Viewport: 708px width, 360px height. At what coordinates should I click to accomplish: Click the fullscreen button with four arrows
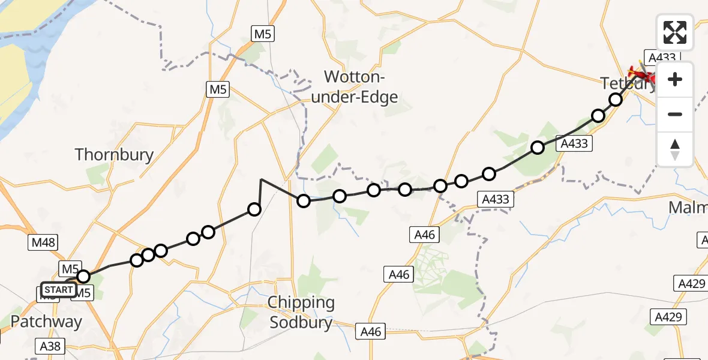click(675, 32)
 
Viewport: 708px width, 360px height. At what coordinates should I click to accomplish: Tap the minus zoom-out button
click(675, 114)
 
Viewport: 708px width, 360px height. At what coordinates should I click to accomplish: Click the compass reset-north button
click(675, 149)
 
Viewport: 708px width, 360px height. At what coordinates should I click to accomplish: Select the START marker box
click(59, 290)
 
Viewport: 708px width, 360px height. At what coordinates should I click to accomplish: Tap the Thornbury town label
click(114, 155)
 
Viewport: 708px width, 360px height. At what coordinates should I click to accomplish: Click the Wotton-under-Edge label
click(361, 86)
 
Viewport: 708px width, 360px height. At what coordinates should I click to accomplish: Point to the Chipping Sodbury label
click(301, 313)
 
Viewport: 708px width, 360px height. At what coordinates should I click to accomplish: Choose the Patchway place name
click(46, 322)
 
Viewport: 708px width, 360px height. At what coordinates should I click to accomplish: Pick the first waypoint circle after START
click(83, 277)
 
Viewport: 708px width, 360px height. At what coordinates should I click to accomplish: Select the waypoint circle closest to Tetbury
click(615, 100)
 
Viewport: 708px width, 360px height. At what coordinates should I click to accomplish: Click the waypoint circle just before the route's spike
click(254, 209)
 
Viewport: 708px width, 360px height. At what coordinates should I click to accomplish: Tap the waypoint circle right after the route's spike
click(304, 200)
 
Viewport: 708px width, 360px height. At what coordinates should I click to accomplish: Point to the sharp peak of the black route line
click(261, 179)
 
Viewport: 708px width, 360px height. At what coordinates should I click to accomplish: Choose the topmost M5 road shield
click(262, 34)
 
